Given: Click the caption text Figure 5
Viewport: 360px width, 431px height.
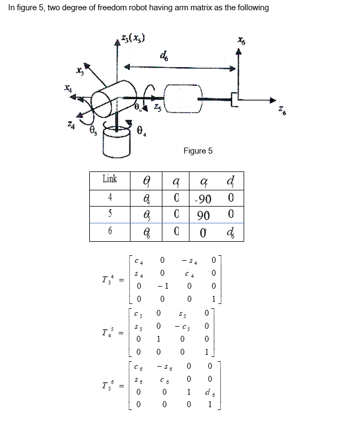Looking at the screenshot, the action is pos(198,151).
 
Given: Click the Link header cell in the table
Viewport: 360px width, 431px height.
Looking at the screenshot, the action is pos(109,179).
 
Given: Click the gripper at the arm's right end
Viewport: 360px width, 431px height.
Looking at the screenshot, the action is pos(233,100).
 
